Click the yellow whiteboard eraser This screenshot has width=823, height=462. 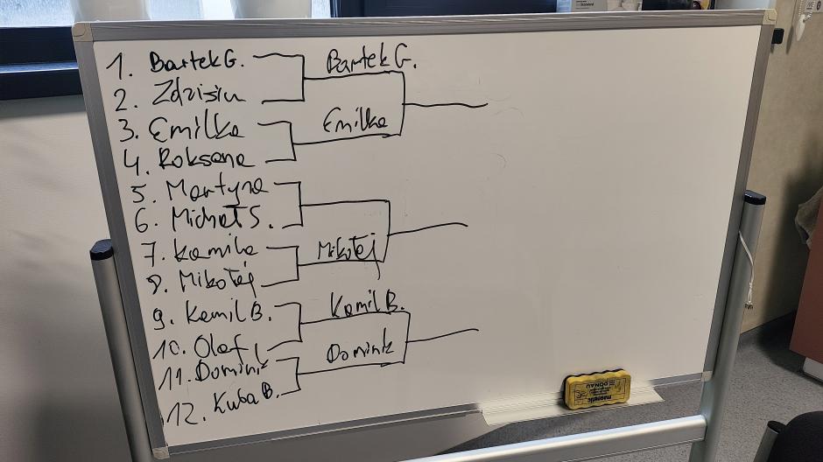pyautogui.click(x=596, y=388)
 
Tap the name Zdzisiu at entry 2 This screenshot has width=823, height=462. pyautogui.click(x=198, y=94)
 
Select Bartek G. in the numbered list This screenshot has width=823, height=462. pyautogui.click(x=200, y=62)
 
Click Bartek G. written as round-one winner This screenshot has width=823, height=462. pyautogui.click(x=370, y=60)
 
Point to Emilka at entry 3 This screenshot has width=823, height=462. pyautogui.click(x=196, y=128)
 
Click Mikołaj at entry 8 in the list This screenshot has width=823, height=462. pyautogui.click(x=217, y=281)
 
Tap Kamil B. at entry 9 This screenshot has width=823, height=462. pyautogui.click(x=229, y=313)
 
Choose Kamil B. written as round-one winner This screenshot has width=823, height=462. pyautogui.click(x=366, y=304)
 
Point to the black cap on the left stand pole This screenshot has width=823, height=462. pyautogui.click(x=102, y=249)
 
